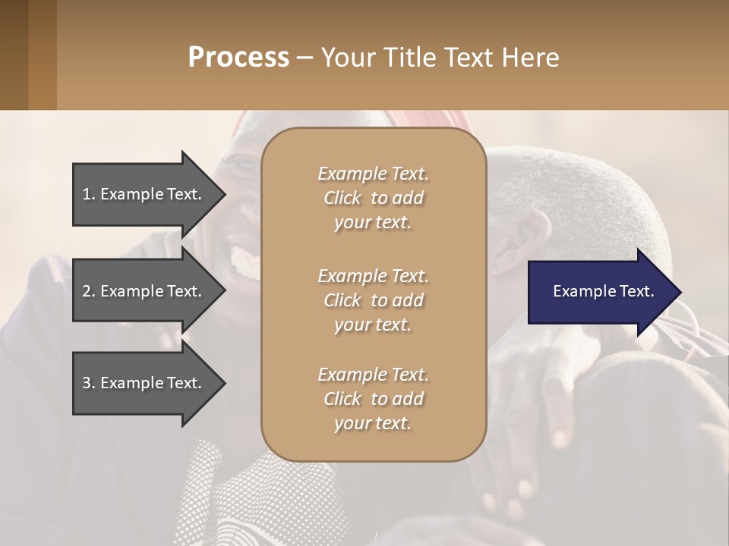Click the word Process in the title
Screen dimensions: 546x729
238,58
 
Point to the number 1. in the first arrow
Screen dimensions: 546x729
88,194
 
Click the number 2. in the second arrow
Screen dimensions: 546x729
88,291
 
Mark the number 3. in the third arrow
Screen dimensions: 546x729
88,383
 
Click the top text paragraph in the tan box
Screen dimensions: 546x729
373,198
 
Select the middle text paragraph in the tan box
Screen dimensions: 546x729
373,300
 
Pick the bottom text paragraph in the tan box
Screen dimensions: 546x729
373,399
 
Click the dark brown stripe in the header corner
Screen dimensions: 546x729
14,55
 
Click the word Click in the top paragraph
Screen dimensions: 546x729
342,198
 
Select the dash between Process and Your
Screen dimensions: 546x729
305,58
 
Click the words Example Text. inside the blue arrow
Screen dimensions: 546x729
603,291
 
